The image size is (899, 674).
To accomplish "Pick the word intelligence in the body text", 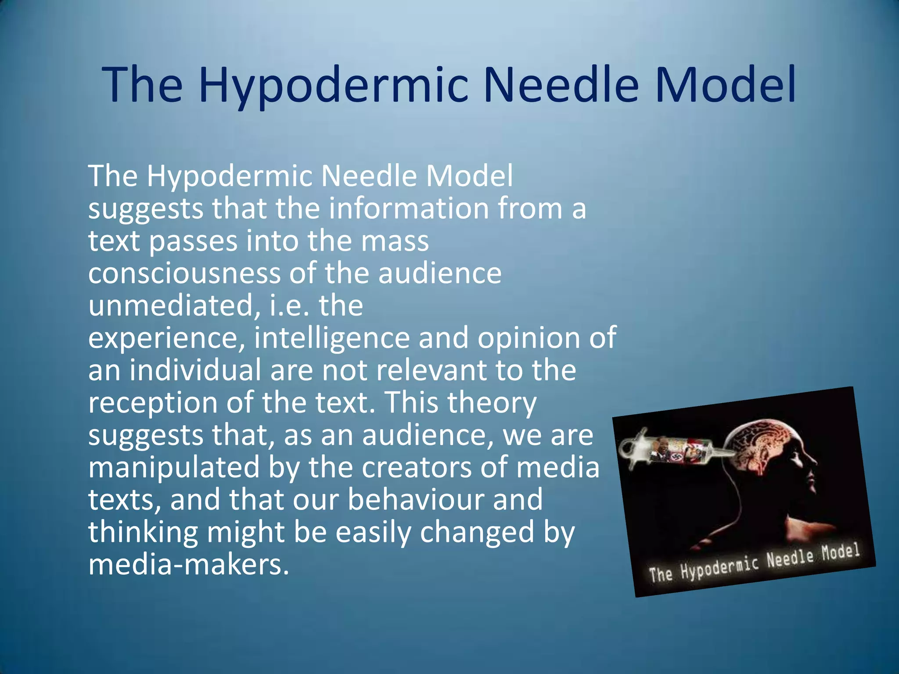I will [332, 338].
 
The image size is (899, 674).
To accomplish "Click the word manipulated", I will [174, 467].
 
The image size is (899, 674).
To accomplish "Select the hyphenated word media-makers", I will [189, 564].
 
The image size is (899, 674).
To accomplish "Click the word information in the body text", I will [409, 208].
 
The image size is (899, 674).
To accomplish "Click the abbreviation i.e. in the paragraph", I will [289, 305].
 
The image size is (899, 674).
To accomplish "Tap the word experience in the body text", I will [166, 338].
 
